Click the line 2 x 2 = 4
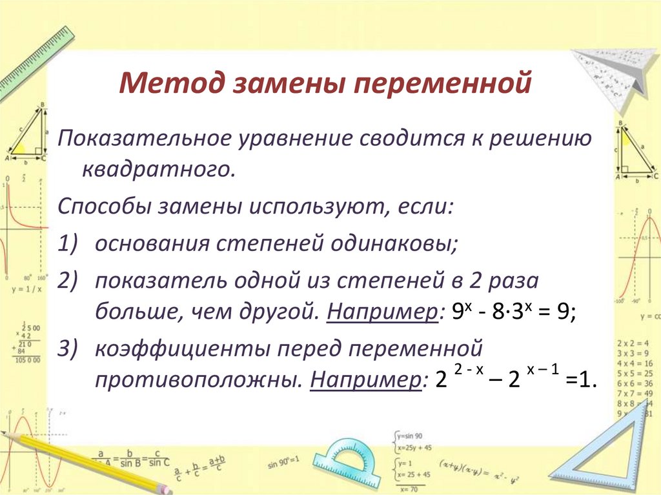click(x=635, y=343)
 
